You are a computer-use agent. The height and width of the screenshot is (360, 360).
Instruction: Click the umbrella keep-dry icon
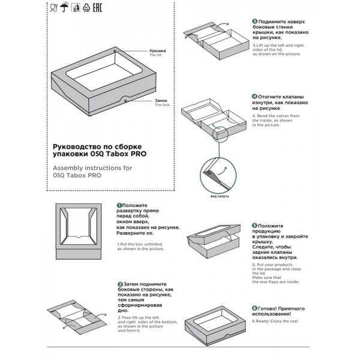click(64, 8)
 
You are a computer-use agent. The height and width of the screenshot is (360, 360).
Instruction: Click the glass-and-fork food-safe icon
click(54, 8)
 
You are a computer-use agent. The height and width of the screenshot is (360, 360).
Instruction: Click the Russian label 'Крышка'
click(157, 51)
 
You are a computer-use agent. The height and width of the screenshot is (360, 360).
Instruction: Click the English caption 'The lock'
click(163, 106)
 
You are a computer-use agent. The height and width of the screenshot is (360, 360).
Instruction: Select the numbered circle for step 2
click(120, 284)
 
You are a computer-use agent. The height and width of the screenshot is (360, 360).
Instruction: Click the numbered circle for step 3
click(254, 21)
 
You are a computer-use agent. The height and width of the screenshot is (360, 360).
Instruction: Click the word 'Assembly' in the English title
click(68, 168)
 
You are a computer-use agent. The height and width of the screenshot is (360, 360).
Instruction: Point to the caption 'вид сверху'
click(219, 196)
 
